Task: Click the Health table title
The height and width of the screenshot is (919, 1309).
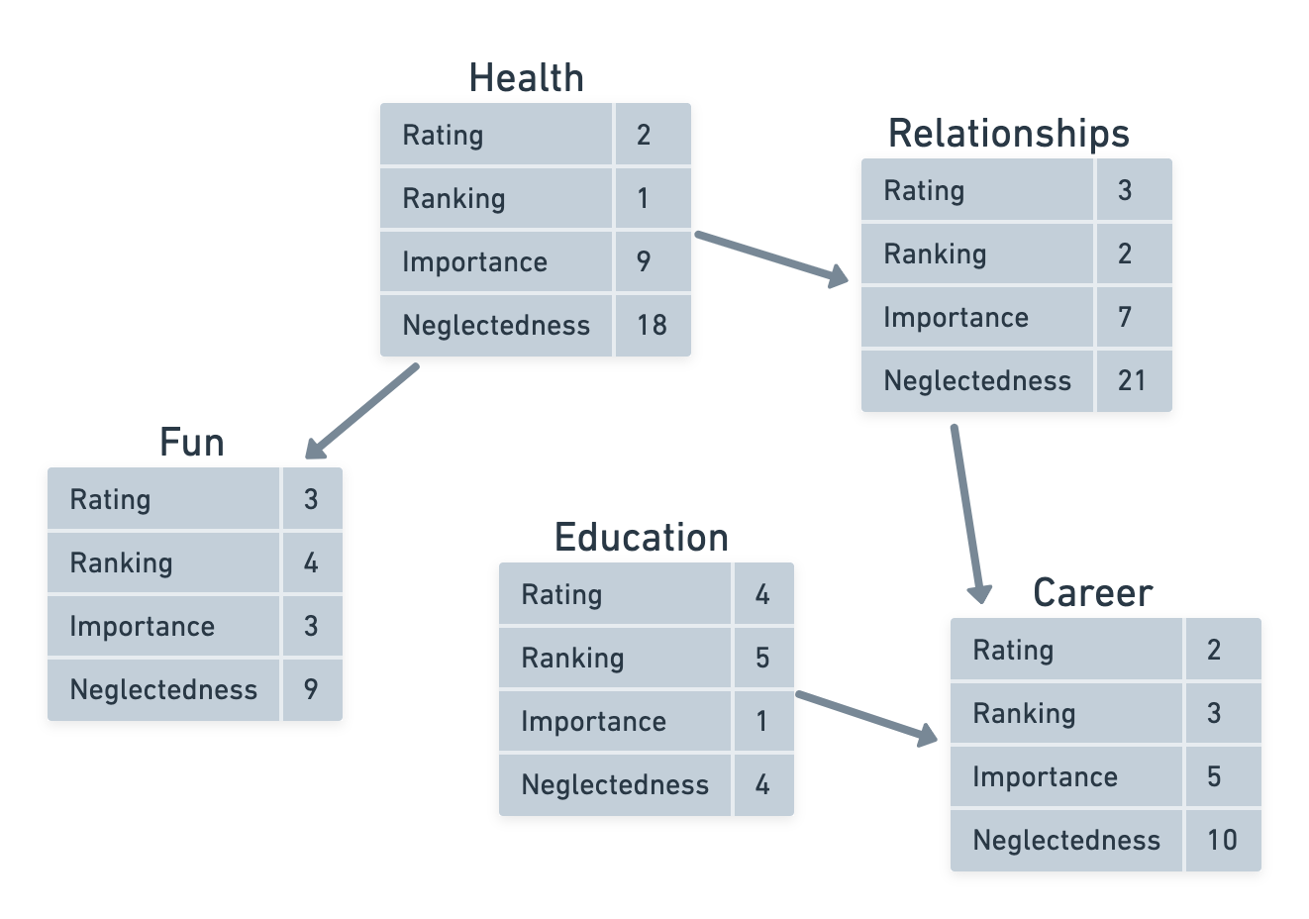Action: coord(526,78)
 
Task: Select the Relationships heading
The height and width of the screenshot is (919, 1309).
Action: coord(1008,134)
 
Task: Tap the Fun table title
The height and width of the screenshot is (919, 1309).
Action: coord(192,443)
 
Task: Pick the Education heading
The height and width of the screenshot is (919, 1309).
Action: coord(641,538)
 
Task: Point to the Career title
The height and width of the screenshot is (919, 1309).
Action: coord(1092,593)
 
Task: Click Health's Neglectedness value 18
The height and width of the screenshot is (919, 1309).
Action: coord(652,325)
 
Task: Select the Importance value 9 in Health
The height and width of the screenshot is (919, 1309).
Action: coord(644,261)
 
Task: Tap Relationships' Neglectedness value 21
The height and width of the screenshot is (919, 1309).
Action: coord(1132,380)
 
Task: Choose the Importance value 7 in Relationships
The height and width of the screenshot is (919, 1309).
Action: coord(1125,317)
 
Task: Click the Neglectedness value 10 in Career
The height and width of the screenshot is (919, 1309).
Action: coord(1222,840)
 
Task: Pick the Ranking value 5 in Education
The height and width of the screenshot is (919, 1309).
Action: coord(762,658)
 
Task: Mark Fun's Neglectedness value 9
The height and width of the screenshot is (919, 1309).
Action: coord(311,689)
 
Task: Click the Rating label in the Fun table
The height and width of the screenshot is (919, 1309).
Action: coord(110,499)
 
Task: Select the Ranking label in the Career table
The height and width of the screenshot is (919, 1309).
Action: coord(1024,713)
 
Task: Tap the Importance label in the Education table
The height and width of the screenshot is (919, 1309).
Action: coord(593,721)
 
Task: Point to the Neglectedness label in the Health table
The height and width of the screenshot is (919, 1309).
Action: coord(495,325)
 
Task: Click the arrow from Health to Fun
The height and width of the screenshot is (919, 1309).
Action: coord(362,411)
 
